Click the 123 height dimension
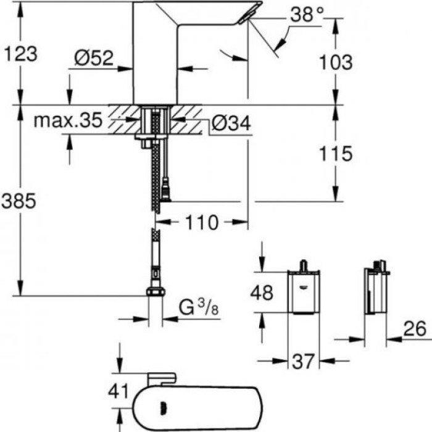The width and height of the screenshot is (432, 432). (x=20, y=54)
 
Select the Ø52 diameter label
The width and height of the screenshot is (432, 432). (x=94, y=58)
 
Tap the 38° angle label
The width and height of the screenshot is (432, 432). (x=307, y=16)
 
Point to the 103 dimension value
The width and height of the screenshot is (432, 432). (x=336, y=62)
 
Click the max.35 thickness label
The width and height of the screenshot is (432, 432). (x=67, y=120)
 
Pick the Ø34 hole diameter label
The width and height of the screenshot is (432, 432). (x=230, y=124)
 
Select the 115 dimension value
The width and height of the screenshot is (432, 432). (x=336, y=152)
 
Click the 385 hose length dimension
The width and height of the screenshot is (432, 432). (x=20, y=201)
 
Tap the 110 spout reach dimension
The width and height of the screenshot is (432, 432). (x=201, y=222)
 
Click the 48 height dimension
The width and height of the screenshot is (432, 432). (x=261, y=293)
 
